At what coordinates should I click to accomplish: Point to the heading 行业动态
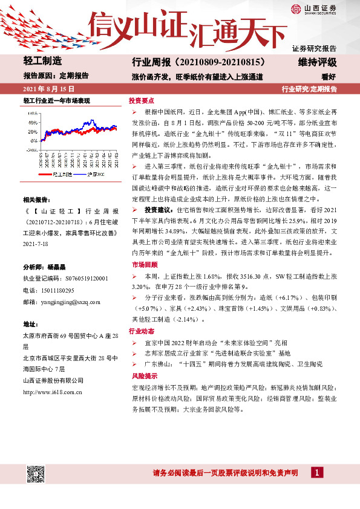[x=141, y=331]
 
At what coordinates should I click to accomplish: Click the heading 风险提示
[x=141, y=375]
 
